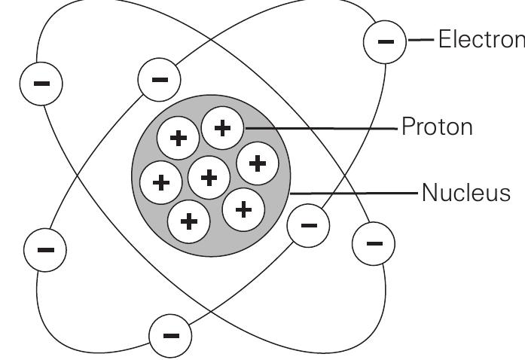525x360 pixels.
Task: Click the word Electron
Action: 481,40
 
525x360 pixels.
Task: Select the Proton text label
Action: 437,127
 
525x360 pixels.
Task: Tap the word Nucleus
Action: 465,193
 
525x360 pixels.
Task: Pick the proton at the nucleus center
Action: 210,178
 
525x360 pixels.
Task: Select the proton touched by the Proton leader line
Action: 223,128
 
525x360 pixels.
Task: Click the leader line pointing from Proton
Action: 320,128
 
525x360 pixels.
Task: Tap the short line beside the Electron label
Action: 418,41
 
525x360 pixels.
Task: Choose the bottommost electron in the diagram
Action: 172,334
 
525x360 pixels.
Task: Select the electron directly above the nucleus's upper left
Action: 160,79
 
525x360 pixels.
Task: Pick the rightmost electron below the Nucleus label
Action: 373,243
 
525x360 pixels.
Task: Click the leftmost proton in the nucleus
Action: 161,182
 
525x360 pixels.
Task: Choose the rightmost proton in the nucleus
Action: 258,162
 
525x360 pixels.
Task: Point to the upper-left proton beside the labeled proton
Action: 179,139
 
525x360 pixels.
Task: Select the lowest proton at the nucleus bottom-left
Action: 189,221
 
